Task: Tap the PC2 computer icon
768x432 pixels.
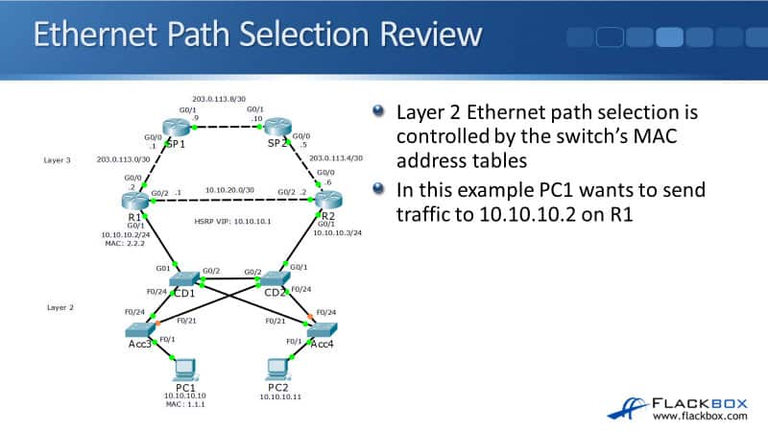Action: (276, 368)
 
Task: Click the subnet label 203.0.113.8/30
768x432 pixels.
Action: (219, 98)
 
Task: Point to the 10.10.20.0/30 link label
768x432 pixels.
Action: (228, 190)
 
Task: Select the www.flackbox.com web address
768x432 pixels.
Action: (702, 416)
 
